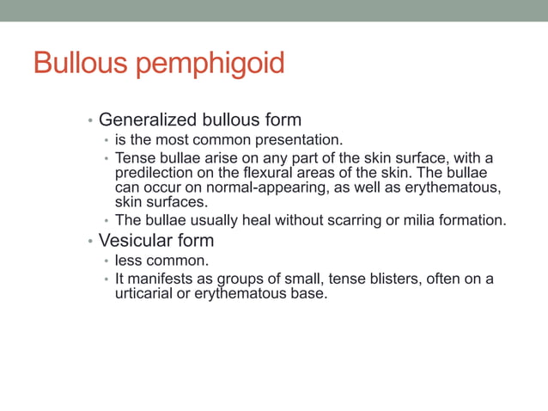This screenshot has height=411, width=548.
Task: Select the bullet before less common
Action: (x=106, y=261)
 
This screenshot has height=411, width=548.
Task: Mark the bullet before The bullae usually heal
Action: (x=106, y=222)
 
